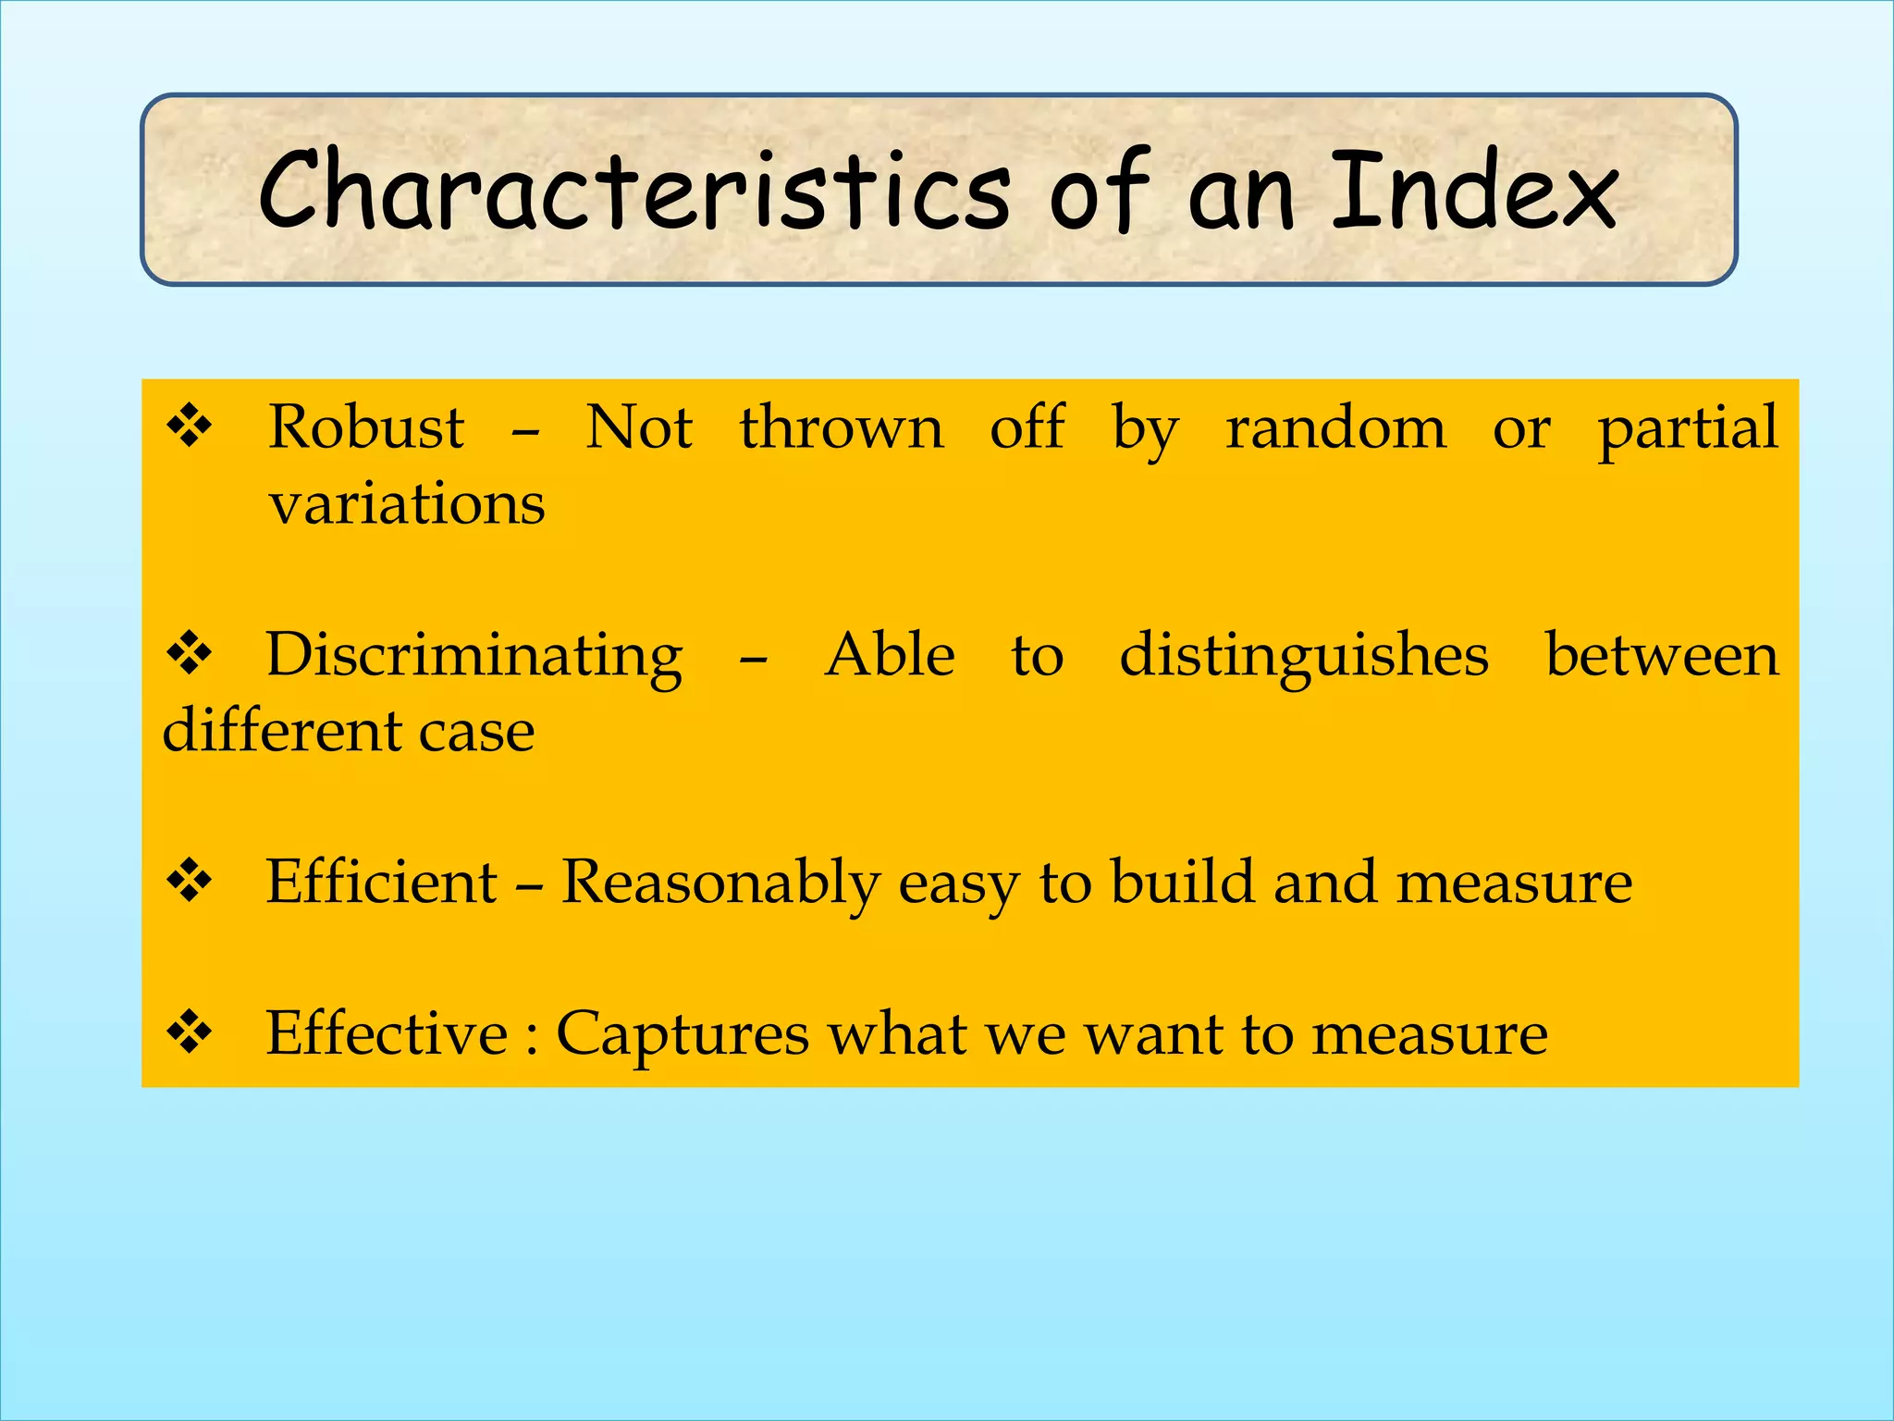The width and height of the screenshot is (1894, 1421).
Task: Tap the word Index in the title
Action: click(x=1474, y=192)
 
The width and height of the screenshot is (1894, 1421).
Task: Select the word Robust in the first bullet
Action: click(x=366, y=428)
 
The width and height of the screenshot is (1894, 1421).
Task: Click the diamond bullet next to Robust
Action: click(x=190, y=427)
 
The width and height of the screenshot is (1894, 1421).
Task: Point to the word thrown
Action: click(x=842, y=428)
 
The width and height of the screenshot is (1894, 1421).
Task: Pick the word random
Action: click(x=1335, y=428)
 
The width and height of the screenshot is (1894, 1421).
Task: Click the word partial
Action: click(x=1688, y=428)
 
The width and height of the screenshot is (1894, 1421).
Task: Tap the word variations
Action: click(x=407, y=505)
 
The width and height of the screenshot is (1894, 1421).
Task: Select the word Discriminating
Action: click(x=474, y=656)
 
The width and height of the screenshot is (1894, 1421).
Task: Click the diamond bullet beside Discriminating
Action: click(x=190, y=654)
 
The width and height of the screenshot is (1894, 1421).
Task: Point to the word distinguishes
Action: click(x=1304, y=656)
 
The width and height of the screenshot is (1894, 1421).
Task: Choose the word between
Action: click(x=1662, y=656)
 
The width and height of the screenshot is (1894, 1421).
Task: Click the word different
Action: click(x=281, y=731)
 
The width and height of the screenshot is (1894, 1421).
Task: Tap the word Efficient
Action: click(x=382, y=882)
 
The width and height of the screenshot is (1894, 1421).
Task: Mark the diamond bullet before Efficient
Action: click(x=190, y=881)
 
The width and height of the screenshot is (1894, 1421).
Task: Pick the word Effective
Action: click(x=387, y=1033)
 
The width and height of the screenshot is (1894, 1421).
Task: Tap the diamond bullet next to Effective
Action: click(x=190, y=1032)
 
